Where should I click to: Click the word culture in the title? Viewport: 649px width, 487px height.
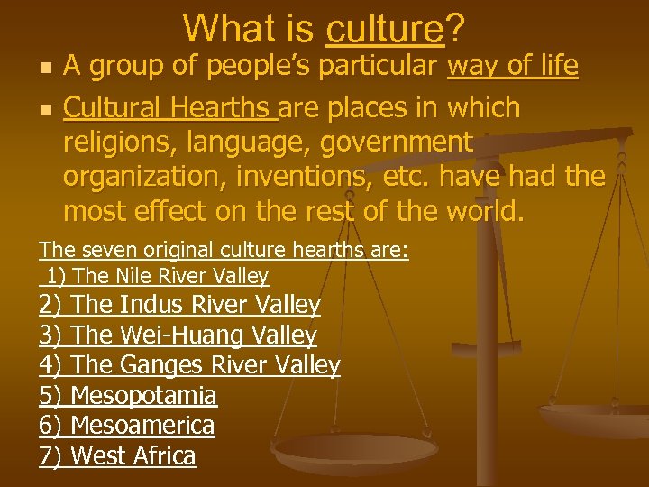pos(386,29)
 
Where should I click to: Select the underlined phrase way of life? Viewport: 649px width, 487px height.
pos(513,66)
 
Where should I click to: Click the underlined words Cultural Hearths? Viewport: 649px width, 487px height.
pos(169,108)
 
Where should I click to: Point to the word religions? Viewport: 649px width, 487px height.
pos(106,142)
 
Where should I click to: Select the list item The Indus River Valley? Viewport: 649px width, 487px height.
pos(195,306)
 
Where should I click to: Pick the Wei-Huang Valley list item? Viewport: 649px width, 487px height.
pos(193,335)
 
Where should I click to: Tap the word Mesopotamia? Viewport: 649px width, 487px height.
pos(143,395)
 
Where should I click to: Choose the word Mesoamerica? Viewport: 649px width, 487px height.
pos(142,425)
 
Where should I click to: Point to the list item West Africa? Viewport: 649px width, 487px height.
pos(133,455)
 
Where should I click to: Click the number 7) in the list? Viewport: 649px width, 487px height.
pos(50,455)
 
